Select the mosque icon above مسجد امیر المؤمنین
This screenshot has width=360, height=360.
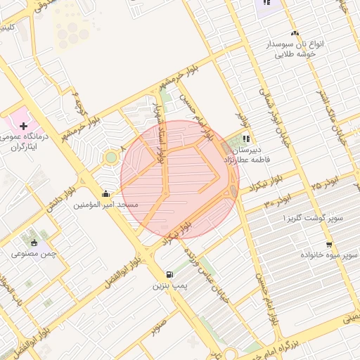click(x=105, y=193)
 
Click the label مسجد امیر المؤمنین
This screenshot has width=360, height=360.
click(x=106, y=205)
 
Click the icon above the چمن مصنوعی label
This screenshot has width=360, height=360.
click(x=32, y=242)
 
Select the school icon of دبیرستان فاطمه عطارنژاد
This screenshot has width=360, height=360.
click(x=246, y=139)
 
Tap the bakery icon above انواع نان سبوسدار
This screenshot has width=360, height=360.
click(x=295, y=34)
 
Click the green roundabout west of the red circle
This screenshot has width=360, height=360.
click(x=110, y=157)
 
